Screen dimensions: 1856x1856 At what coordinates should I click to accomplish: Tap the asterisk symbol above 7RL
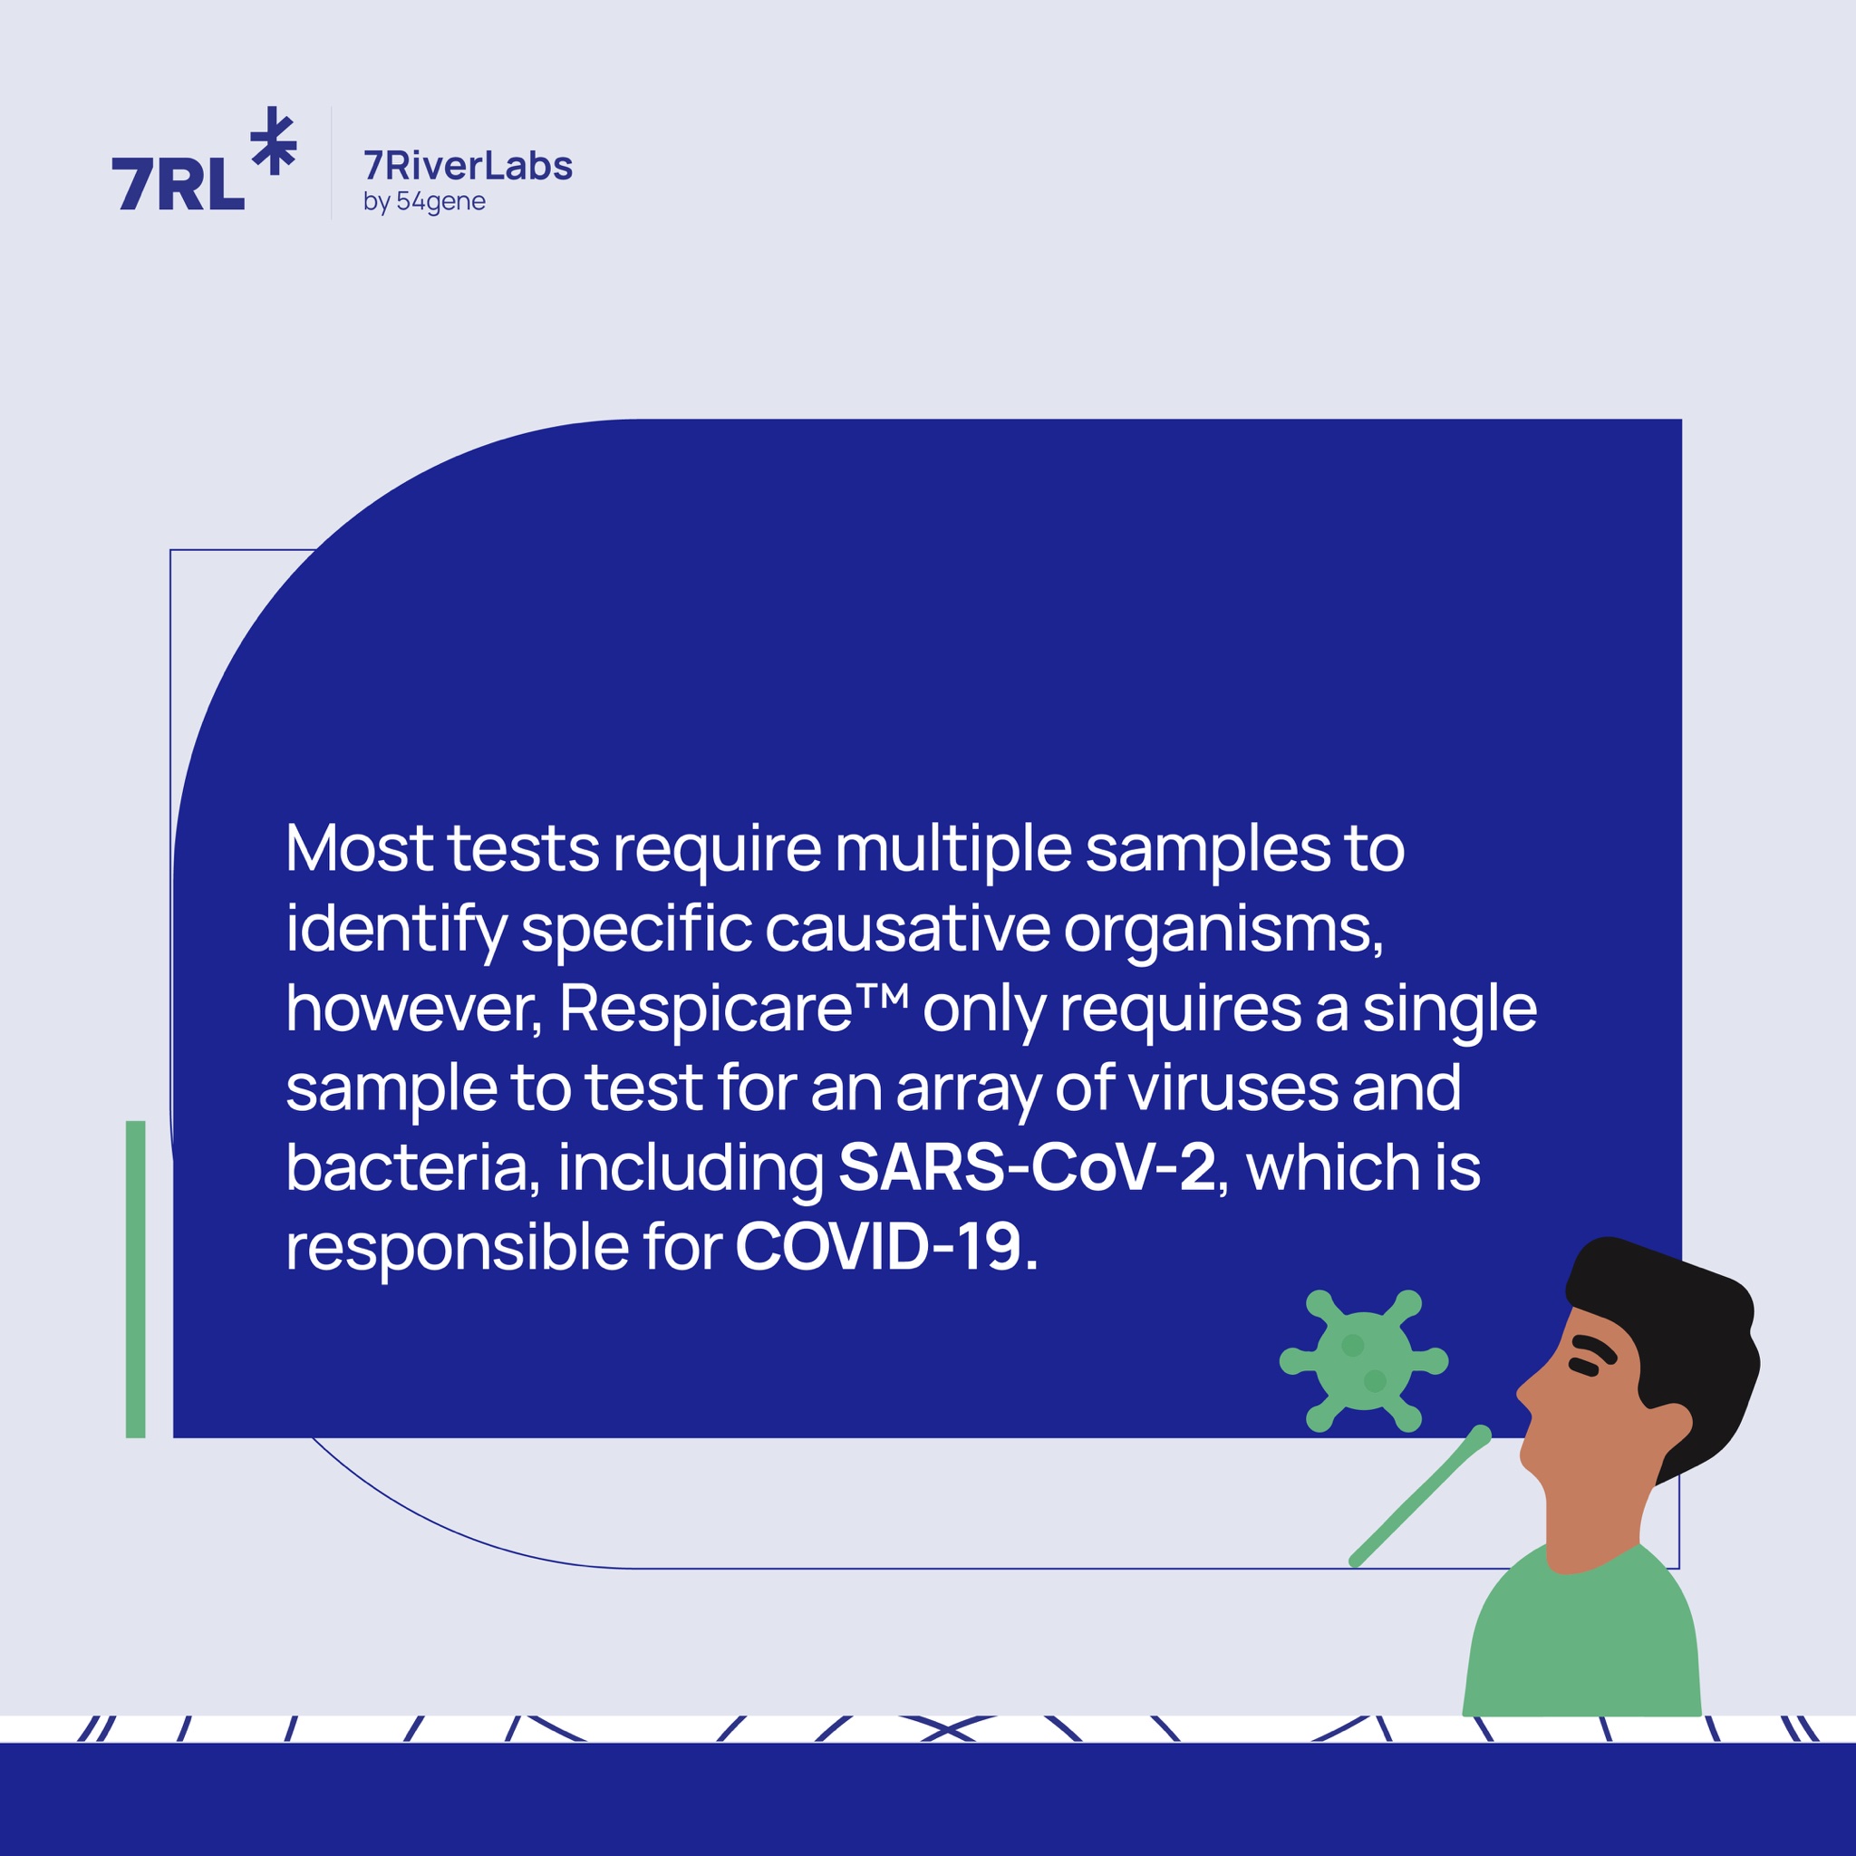274,140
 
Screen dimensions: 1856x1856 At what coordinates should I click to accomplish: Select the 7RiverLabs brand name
468,166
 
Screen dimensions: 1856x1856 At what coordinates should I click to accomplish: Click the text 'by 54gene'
423,203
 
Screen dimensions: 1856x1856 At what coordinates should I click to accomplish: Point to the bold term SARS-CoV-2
1027,1167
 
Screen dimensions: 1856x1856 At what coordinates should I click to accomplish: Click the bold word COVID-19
878,1247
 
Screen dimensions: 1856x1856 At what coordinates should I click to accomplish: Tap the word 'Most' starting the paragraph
358,849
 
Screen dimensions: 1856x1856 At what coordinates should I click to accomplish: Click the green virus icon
1363,1361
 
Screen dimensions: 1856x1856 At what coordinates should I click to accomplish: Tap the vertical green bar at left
135,1279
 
